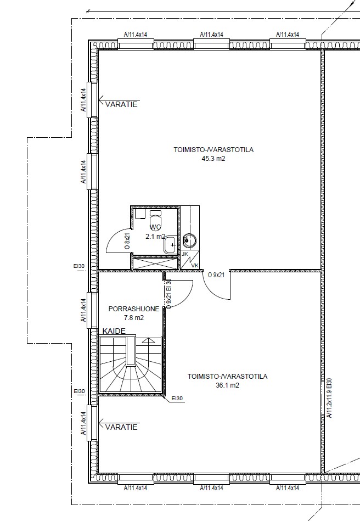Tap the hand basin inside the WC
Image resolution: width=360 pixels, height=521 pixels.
tap(170, 245)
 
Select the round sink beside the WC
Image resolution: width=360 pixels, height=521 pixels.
tap(190, 240)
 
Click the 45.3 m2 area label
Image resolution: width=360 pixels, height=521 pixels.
tap(213, 159)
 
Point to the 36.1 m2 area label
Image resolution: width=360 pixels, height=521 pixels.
tap(228, 385)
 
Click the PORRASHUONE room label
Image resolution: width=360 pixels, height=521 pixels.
tap(134, 309)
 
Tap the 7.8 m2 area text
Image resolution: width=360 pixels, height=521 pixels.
tap(134, 318)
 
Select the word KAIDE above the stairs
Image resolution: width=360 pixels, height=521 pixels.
tap(114, 331)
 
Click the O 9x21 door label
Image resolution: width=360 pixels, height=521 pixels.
tap(216, 275)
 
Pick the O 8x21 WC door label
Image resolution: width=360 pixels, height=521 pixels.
tap(127, 242)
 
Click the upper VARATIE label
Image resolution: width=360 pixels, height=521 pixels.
tap(121, 104)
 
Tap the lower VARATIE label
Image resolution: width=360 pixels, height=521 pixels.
tap(121, 427)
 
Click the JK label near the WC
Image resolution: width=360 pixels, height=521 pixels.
tap(185, 254)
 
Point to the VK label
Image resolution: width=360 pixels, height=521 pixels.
tap(195, 266)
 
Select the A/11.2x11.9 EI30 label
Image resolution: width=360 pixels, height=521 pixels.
tap(329, 397)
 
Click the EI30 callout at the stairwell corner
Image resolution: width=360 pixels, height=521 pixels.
tap(177, 399)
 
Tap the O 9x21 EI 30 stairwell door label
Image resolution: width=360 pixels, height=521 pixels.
tap(168, 294)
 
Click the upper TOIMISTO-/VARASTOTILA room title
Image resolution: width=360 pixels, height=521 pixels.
tap(213, 149)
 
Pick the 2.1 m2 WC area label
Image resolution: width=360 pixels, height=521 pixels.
tap(155, 237)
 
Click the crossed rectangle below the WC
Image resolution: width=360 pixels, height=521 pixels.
tap(155, 263)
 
